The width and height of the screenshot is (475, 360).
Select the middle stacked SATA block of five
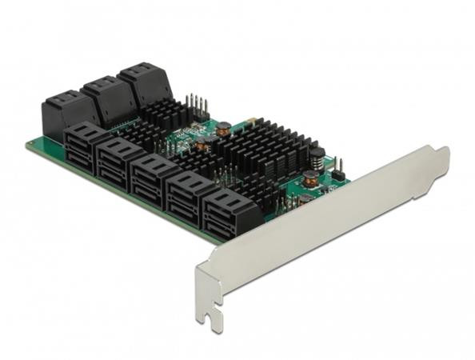pos(154,178)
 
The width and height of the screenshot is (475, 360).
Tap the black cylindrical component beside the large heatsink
pos(316,158)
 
